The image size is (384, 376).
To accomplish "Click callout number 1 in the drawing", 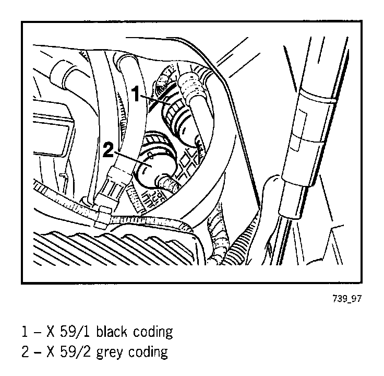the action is [136, 95].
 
